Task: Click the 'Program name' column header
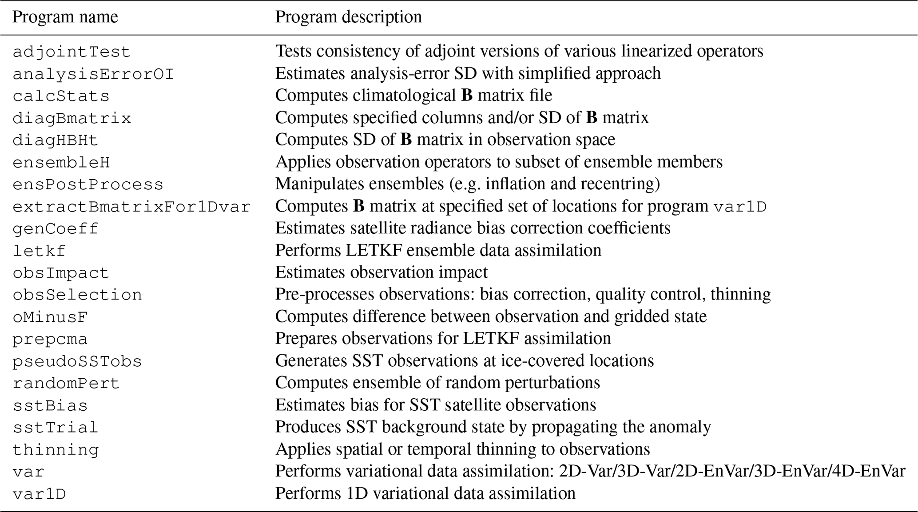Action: [65, 17]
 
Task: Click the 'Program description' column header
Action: [348, 17]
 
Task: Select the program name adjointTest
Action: [71, 52]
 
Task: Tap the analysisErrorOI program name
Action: [93, 74]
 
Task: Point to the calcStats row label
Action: [61, 96]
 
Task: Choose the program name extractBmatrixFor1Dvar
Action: [131, 207]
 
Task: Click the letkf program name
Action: [39, 251]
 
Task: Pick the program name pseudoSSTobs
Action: [77, 361]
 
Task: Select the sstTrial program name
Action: [55, 428]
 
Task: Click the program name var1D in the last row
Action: [39, 494]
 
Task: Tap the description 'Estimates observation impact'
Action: [381, 272]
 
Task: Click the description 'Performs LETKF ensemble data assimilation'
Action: [438, 250]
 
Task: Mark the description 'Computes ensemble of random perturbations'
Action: [437, 383]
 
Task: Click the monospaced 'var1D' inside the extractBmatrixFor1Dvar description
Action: [740, 207]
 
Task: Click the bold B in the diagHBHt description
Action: [406, 140]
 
